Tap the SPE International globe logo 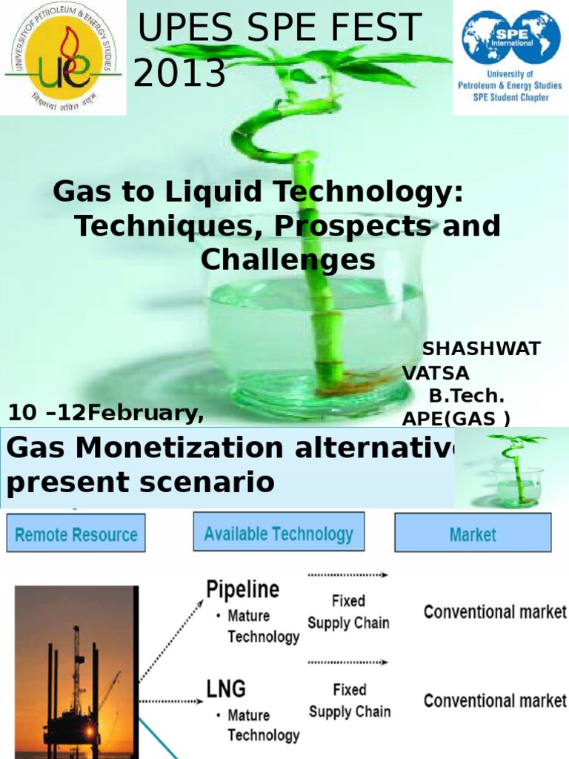click(x=510, y=37)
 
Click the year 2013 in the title click(x=180, y=73)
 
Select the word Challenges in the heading click(x=288, y=259)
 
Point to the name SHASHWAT click(x=482, y=348)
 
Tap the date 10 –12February click(x=106, y=413)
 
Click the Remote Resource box click(x=76, y=534)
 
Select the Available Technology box click(x=279, y=534)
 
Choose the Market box click(x=473, y=534)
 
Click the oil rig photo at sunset click(x=76, y=671)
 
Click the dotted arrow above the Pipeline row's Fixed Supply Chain click(x=347, y=574)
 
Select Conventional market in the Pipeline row click(x=495, y=612)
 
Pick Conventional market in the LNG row click(x=495, y=700)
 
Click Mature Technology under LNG click(x=263, y=725)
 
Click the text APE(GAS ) click(x=456, y=419)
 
